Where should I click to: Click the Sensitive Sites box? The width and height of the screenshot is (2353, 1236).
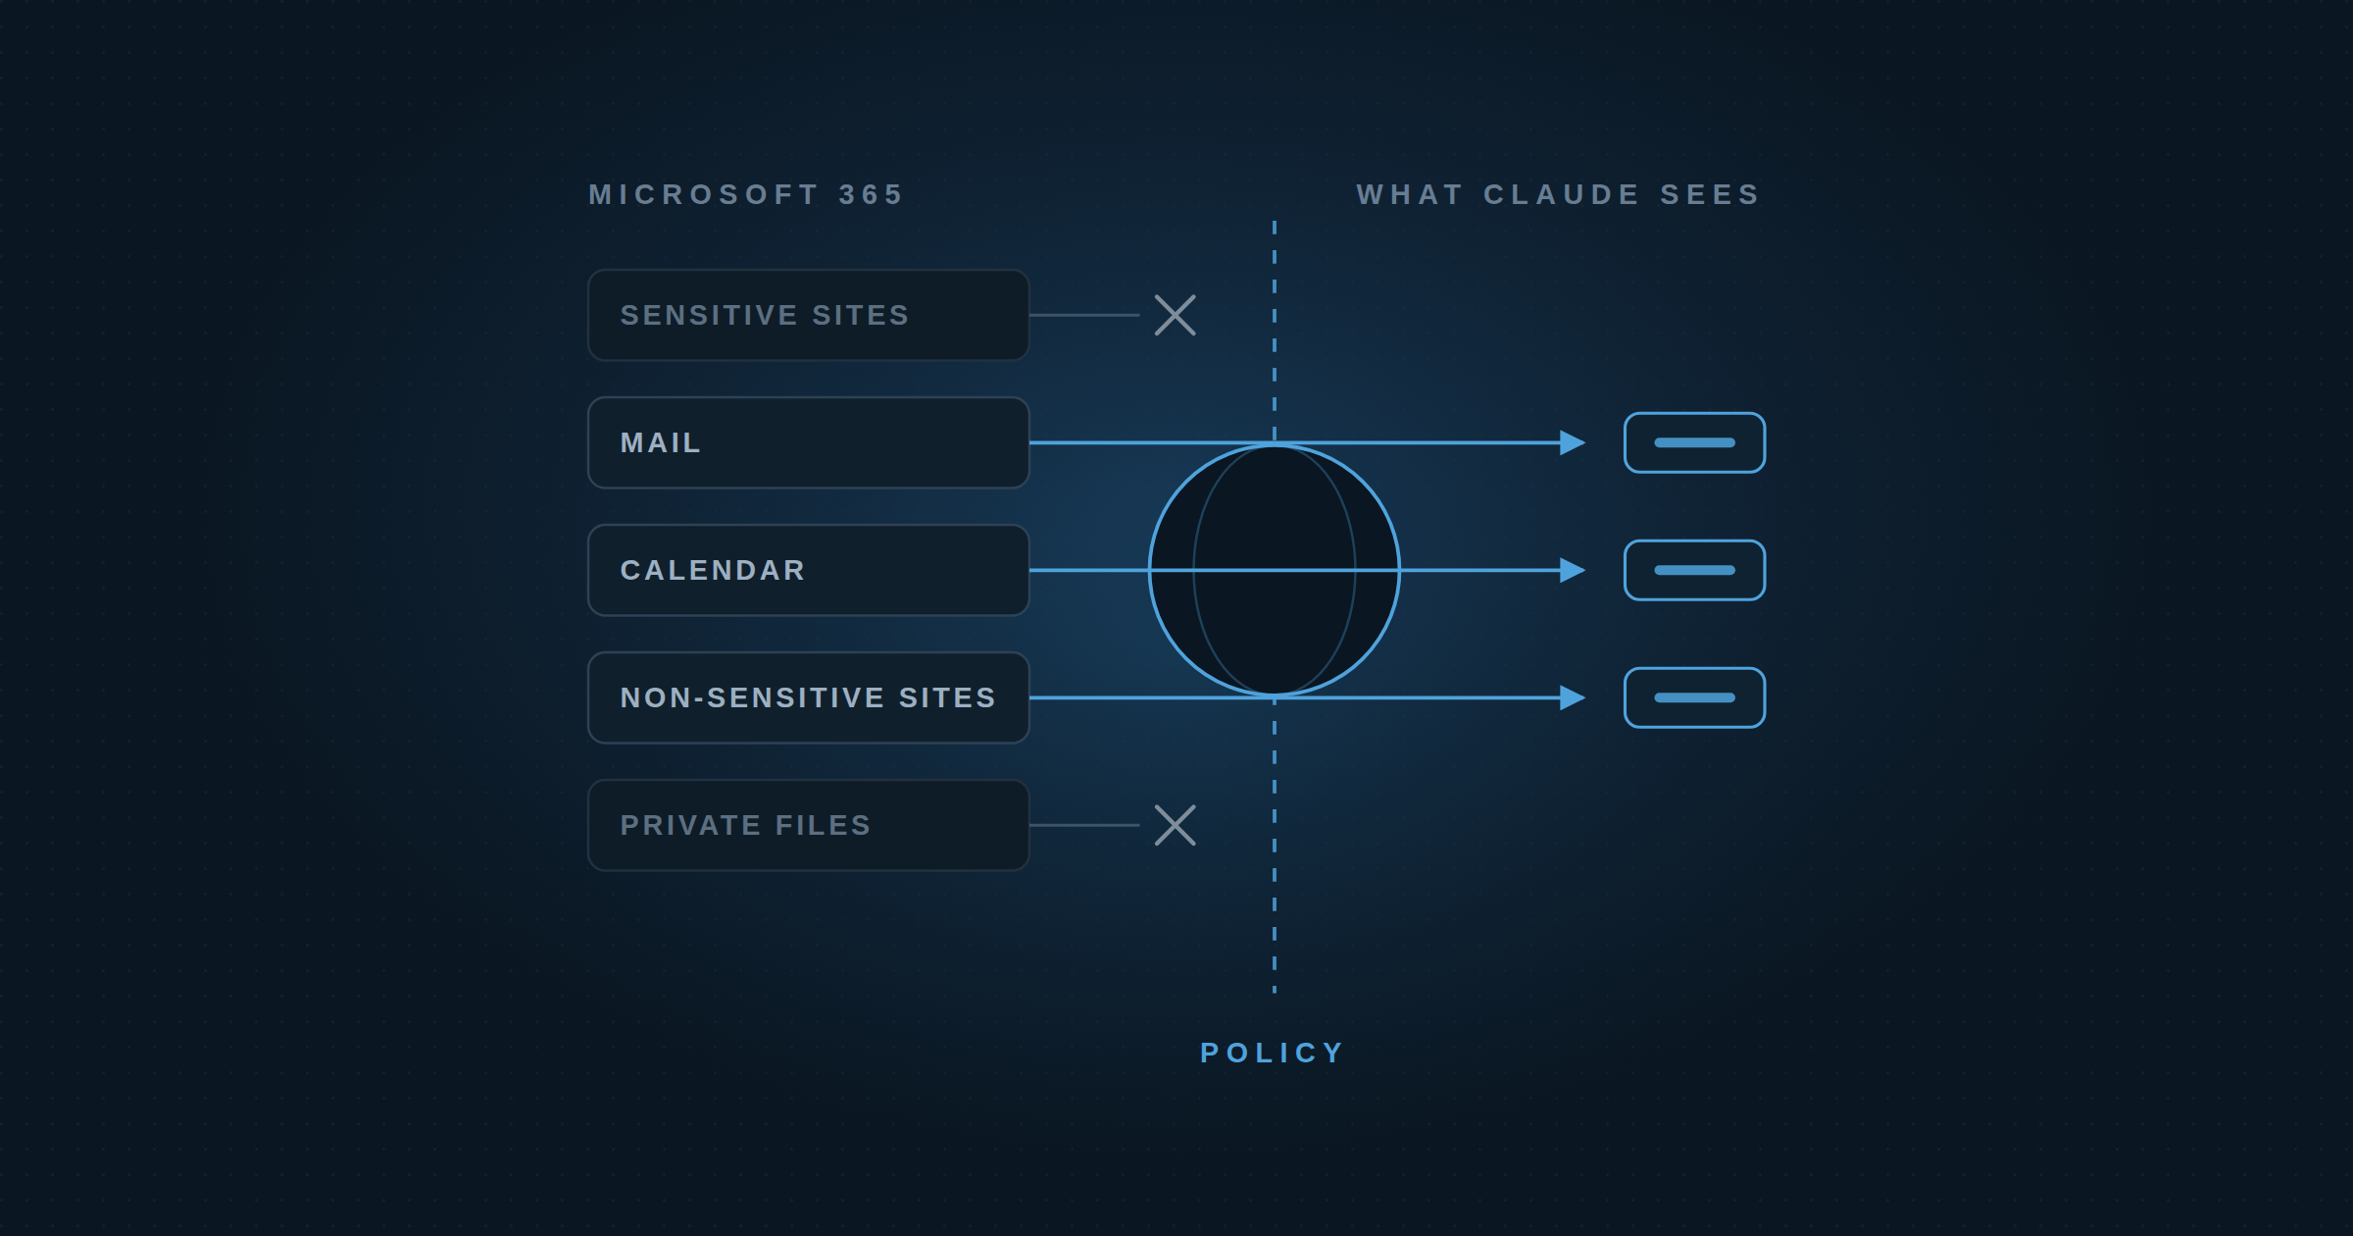(x=808, y=315)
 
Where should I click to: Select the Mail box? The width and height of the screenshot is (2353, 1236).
(x=808, y=442)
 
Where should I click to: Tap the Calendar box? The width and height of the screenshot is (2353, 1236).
(x=808, y=570)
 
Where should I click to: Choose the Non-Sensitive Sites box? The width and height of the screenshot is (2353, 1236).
(x=808, y=697)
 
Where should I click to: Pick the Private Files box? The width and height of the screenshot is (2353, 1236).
(x=808, y=825)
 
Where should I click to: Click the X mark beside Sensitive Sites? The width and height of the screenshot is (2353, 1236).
(x=1175, y=315)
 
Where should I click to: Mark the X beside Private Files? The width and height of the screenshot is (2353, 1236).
(x=1175, y=825)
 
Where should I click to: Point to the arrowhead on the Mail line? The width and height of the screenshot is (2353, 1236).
(x=1573, y=442)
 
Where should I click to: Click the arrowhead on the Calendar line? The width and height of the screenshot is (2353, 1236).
(x=1573, y=570)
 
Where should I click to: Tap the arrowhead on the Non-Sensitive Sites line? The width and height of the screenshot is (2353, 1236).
(x=1573, y=697)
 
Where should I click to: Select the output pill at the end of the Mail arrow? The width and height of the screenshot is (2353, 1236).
(x=1694, y=442)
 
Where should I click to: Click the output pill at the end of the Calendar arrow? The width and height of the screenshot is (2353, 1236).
(x=1694, y=570)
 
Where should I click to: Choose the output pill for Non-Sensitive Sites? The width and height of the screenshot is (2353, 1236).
(x=1694, y=697)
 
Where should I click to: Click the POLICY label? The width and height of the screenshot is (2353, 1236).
(x=1273, y=1053)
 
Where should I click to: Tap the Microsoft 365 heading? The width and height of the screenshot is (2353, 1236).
(x=745, y=194)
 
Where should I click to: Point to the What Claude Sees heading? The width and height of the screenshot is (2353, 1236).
(x=1558, y=194)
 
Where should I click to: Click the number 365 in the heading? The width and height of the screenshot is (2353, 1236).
(x=871, y=194)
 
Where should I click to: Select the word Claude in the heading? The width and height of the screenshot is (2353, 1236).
(x=1561, y=194)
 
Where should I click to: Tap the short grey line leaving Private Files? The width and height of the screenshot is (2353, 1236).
(x=1084, y=825)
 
